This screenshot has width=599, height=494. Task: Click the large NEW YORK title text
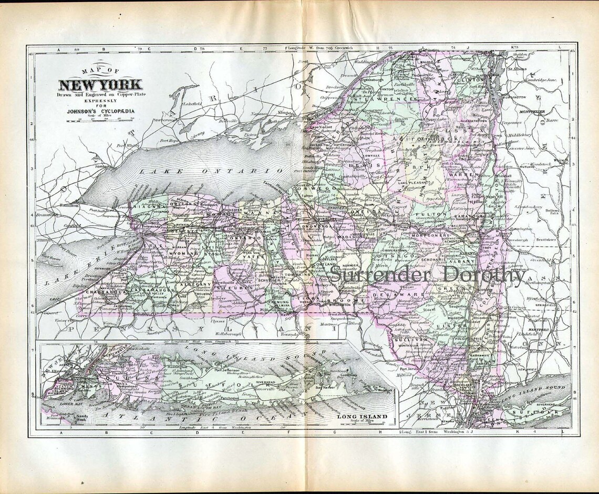click(x=100, y=85)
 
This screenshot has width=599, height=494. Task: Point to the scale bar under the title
click(x=100, y=120)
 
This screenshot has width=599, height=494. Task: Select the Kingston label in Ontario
click(x=287, y=113)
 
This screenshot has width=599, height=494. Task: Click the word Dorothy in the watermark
click(x=483, y=274)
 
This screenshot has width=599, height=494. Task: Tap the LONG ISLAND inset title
click(x=363, y=417)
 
